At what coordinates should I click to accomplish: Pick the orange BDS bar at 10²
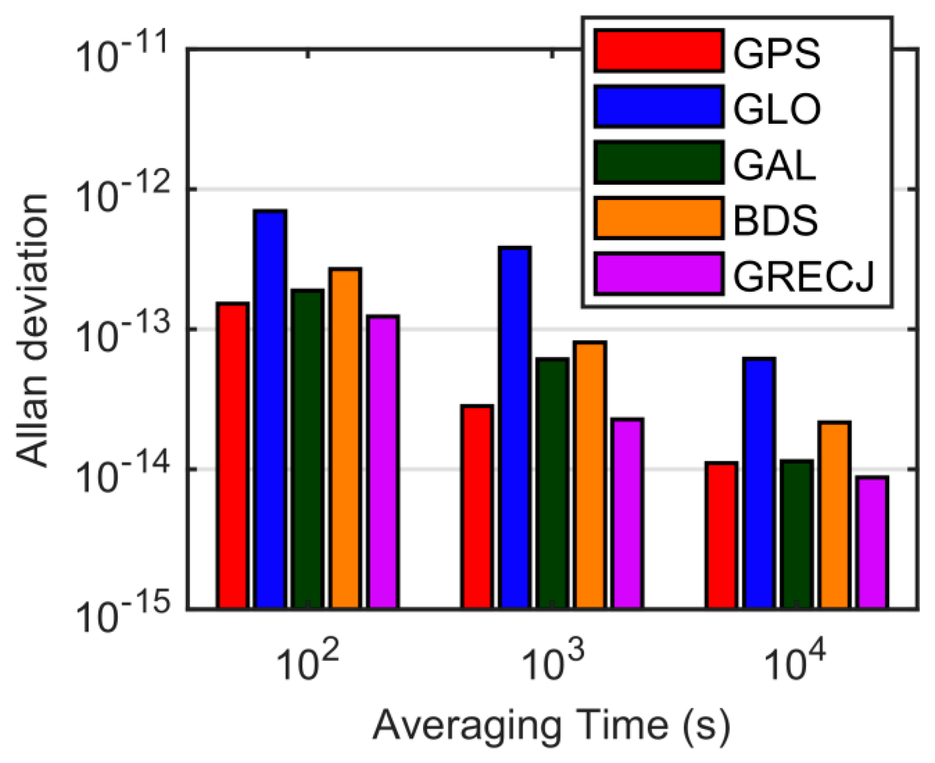[x=345, y=438]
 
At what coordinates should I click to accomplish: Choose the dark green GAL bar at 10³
[x=552, y=483]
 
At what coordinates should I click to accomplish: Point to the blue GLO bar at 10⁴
[x=759, y=483]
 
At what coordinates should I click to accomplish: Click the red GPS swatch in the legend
[x=659, y=51]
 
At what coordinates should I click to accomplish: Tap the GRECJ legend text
[x=803, y=275]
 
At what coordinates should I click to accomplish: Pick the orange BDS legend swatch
[x=659, y=218]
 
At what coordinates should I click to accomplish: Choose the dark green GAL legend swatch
[x=659, y=162]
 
